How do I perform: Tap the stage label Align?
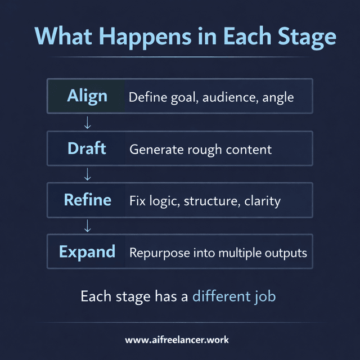[87, 96]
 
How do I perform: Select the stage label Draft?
[87, 148]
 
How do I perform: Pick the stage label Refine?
[87, 200]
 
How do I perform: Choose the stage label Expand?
[87, 251]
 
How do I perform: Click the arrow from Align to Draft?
[87, 123]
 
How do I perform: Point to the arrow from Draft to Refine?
[87, 174]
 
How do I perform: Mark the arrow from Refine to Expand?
[87, 226]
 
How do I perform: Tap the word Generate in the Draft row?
[155, 150]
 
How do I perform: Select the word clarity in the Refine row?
[262, 201]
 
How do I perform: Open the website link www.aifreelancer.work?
[177, 340]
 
